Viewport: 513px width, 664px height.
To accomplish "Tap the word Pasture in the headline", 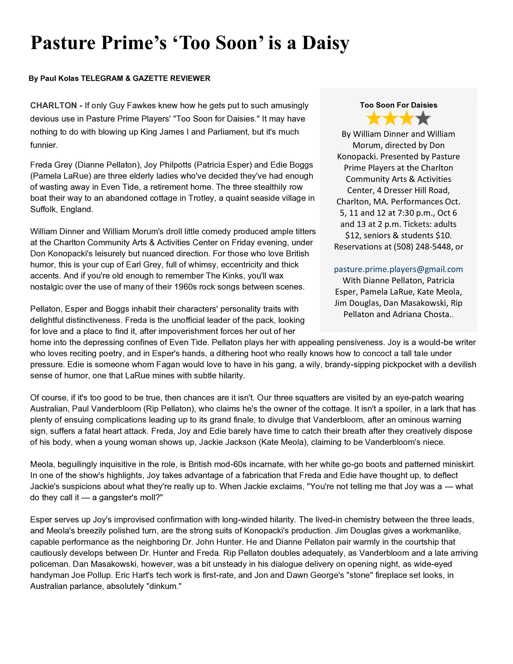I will pyautogui.click(x=63, y=43).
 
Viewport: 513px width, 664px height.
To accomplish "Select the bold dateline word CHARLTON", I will pyautogui.click(x=53, y=106).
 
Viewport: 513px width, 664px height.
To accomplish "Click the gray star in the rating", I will pyautogui.click(x=423, y=118).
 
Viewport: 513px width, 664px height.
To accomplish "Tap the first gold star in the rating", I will pyautogui.click(x=373, y=118).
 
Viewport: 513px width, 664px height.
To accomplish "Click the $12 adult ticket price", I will pyautogui.click(x=351, y=236).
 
